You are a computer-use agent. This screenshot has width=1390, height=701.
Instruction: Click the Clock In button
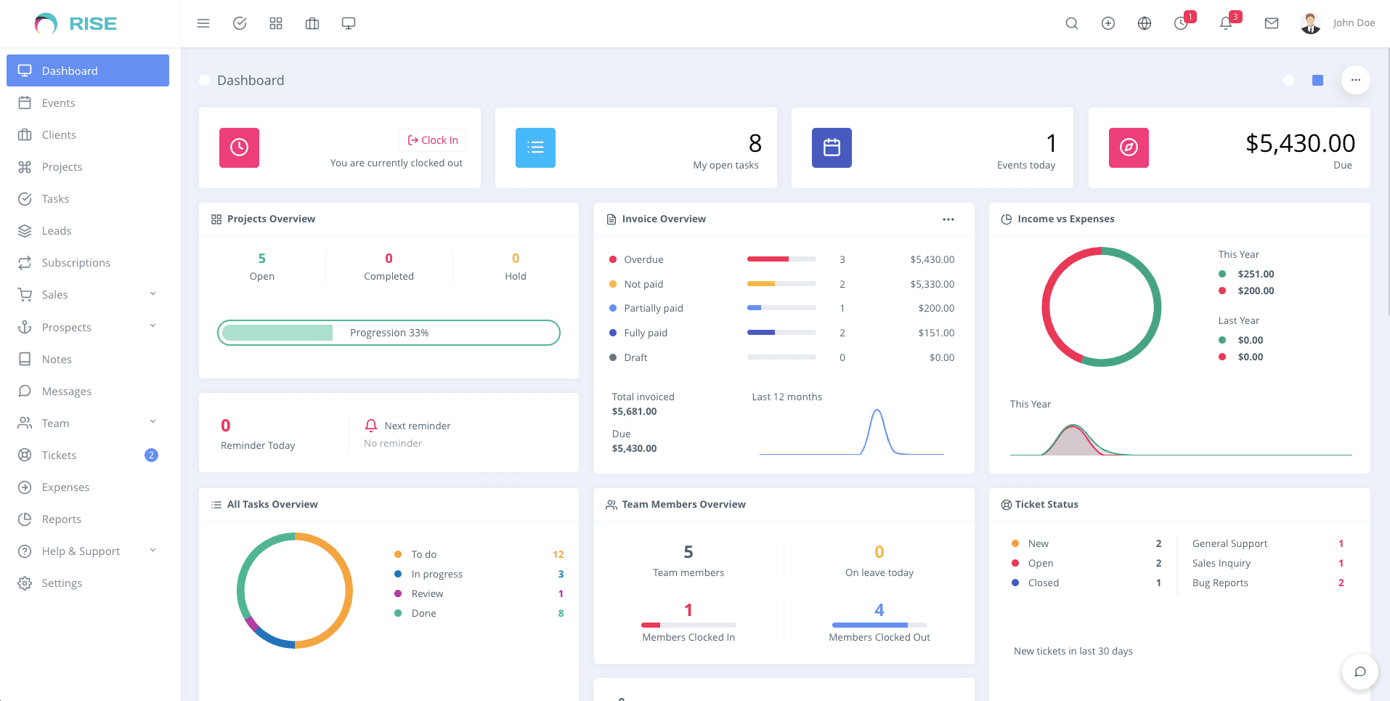point(433,140)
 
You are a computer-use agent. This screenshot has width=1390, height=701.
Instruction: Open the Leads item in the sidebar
point(56,231)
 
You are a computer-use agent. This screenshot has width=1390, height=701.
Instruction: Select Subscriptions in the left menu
point(76,263)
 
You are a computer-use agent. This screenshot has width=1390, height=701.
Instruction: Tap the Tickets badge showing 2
point(151,455)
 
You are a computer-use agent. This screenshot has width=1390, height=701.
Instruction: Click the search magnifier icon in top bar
point(1071,23)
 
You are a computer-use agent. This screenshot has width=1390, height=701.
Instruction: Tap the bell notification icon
point(1226,23)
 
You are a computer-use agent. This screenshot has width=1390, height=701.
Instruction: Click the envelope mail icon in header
point(1271,23)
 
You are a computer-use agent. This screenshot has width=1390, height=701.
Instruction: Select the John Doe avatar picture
point(1310,23)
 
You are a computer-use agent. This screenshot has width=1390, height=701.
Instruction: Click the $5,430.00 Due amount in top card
point(1300,143)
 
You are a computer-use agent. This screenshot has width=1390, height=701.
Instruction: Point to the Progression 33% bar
point(389,333)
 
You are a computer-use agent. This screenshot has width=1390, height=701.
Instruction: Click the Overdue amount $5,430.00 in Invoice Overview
point(932,259)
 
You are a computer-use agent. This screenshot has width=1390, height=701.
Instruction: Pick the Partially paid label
point(653,308)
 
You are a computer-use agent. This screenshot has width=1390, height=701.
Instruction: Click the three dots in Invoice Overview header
point(948,219)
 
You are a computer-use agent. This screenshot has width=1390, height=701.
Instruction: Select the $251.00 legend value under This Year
point(1256,274)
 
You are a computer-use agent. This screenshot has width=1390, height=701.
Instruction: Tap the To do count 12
point(558,554)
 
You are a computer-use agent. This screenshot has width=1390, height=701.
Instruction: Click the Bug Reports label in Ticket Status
point(1219,583)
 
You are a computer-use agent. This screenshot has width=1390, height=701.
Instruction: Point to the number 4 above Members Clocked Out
point(879,610)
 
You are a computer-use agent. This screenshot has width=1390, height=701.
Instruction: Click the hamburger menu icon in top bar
point(203,23)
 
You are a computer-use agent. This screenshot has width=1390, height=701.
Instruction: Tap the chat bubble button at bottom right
point(1359,671)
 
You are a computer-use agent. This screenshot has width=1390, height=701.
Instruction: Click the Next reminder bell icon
point(371,426)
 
